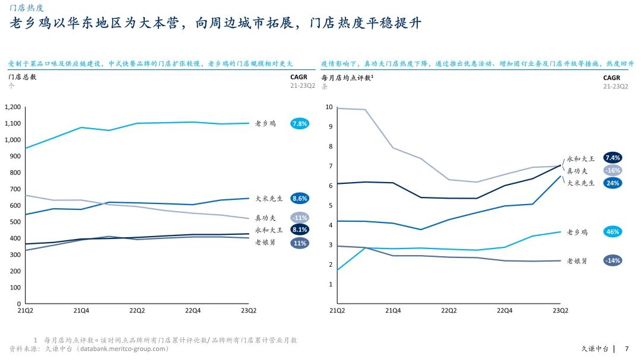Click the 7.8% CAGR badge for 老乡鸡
coord(300,123)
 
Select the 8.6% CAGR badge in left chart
coord(300,199)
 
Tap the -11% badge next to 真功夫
coord(300,218)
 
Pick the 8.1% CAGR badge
coord(300,230)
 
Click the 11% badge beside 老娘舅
coord(300,243)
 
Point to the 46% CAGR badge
coord(613,232)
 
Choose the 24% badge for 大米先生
coord(613,183)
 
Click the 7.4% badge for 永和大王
coord(613,158)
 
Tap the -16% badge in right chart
coord(613,170)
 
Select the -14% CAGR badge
coord(613,260)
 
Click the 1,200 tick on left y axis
coord(12,107)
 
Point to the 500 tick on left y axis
coord(16,222)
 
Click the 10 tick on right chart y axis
coord(329,107)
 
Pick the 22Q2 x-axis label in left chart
coord(137,310)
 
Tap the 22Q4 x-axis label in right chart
coord(504,310)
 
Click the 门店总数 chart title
coord(23,77)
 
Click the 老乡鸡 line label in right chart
coord(577,232)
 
